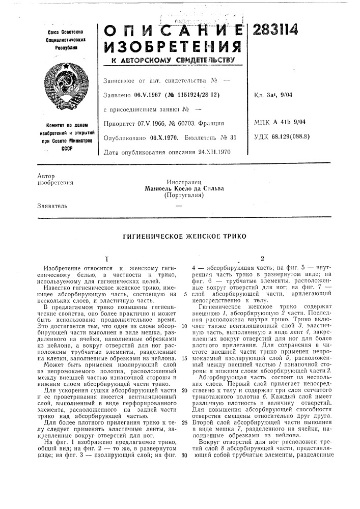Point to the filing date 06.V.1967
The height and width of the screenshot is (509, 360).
(x=148, y=94)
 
